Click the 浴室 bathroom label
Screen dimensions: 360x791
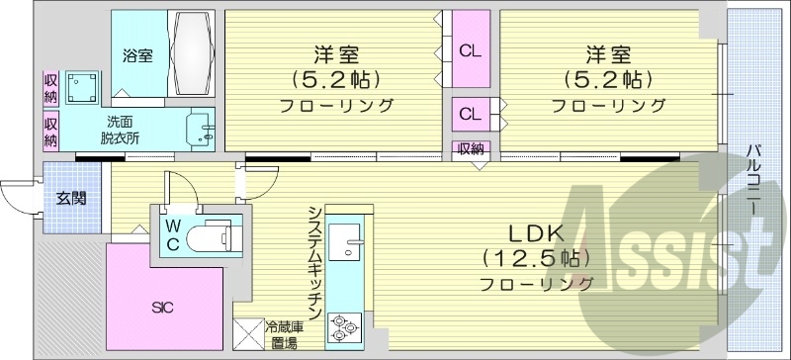[x=137, y=56]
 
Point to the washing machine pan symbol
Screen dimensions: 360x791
[x=80, y=86]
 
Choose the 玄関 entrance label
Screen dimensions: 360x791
[x=71, y=198]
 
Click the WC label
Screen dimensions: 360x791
[x=171, y=236]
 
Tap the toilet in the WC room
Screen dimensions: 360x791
[x=211, y=238]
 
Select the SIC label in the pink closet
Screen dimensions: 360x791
[x=163, y=308]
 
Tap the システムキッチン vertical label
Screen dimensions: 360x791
[x=314, y=260]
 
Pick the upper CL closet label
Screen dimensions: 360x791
[x=469, y=50]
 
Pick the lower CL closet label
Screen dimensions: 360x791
[x=469, y=115]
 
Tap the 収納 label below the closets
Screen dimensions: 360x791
[x=470, y=149]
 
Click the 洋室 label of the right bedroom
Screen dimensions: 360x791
[x=606, y=54]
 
